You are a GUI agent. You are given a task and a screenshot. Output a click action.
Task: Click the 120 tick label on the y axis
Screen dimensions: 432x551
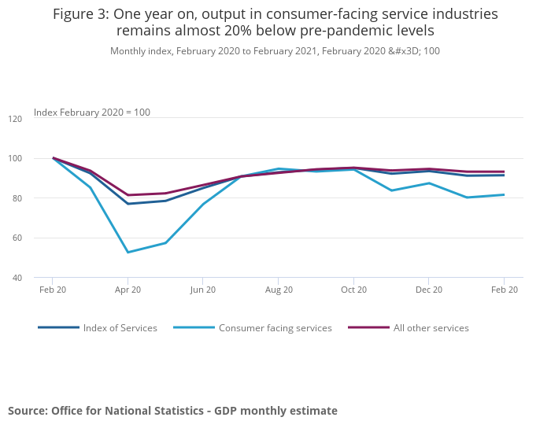click(x=38, y=118)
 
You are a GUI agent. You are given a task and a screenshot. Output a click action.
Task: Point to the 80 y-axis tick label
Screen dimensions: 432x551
click(x=38, y=198)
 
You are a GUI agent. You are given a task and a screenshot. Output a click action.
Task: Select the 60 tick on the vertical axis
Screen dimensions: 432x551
click(x=38, y=238)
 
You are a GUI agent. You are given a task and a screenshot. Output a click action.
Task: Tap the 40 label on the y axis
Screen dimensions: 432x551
click(x=38, y=278)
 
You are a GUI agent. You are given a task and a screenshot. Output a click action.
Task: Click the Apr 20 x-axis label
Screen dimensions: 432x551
click(x=128, y=290)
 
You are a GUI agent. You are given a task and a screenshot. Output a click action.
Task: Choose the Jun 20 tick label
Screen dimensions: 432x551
click(x=203, y=290)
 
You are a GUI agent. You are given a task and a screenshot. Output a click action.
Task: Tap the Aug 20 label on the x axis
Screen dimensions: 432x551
click(x=279, y=290)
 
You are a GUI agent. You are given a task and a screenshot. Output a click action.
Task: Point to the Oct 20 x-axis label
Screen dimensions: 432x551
click(x=353, y=290)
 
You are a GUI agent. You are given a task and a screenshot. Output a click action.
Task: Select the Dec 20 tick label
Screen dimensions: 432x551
click(x=429, y=290)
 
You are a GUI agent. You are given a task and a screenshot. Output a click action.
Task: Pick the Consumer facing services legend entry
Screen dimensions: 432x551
click(x=275, y=328)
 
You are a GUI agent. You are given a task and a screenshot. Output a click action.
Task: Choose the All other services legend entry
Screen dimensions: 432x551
click(x=431, y=328)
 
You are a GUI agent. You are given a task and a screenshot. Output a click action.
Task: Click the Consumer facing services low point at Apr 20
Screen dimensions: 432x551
click(x=128, y=253)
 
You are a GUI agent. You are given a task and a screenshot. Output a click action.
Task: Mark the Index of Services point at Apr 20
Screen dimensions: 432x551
click(x=128, y=204)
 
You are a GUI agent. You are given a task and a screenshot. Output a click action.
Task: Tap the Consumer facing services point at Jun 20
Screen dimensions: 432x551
click(x=203, y=204)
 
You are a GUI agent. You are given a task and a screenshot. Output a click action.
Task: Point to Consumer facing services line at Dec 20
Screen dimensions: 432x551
click(x=429, y=183)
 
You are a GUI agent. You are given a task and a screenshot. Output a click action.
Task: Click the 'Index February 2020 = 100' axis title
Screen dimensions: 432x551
click(x=92, y=113)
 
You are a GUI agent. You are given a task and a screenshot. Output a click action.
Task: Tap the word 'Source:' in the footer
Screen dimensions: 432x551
click(x=28, y=411)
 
